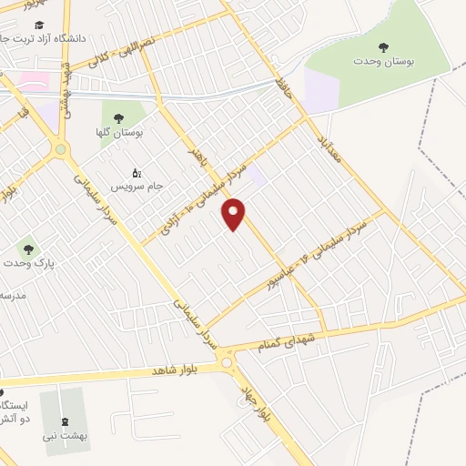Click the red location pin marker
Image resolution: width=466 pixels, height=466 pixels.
(235, 215)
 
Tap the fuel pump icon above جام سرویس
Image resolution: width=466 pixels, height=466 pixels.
(137, 172)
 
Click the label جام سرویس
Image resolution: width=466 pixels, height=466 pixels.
(137, 186)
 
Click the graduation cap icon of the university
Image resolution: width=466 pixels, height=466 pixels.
(38, 25)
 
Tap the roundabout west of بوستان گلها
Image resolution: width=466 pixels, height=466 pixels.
(61, 148)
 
